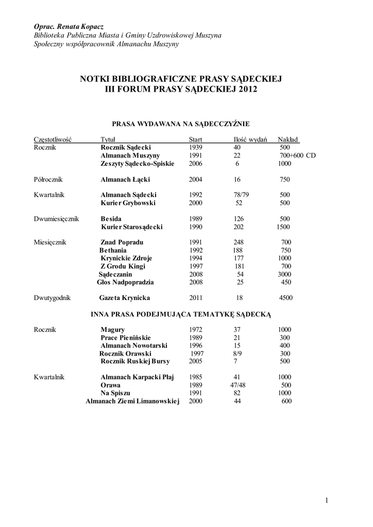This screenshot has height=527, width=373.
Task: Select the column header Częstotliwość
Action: (52, 139)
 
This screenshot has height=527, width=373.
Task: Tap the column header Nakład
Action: (288, 139)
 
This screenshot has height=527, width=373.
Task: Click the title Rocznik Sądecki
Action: (125, 147)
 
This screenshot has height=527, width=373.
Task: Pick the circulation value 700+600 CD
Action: (297, 155)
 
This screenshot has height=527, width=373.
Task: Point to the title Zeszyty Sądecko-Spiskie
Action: (138, 164)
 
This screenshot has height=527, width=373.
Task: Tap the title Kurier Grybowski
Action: (128, 203)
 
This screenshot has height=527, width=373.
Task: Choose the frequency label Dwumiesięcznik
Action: (56, 219)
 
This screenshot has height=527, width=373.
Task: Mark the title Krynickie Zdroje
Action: (126, 258)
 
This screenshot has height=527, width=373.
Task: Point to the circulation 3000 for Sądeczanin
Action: (285, 274)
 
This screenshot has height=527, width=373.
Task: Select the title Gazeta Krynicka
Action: (125, 297)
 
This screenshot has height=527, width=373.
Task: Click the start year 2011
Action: (196, 297)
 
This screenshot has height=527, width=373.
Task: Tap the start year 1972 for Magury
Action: (196, 329)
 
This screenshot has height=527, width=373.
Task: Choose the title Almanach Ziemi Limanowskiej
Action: (132, 401)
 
